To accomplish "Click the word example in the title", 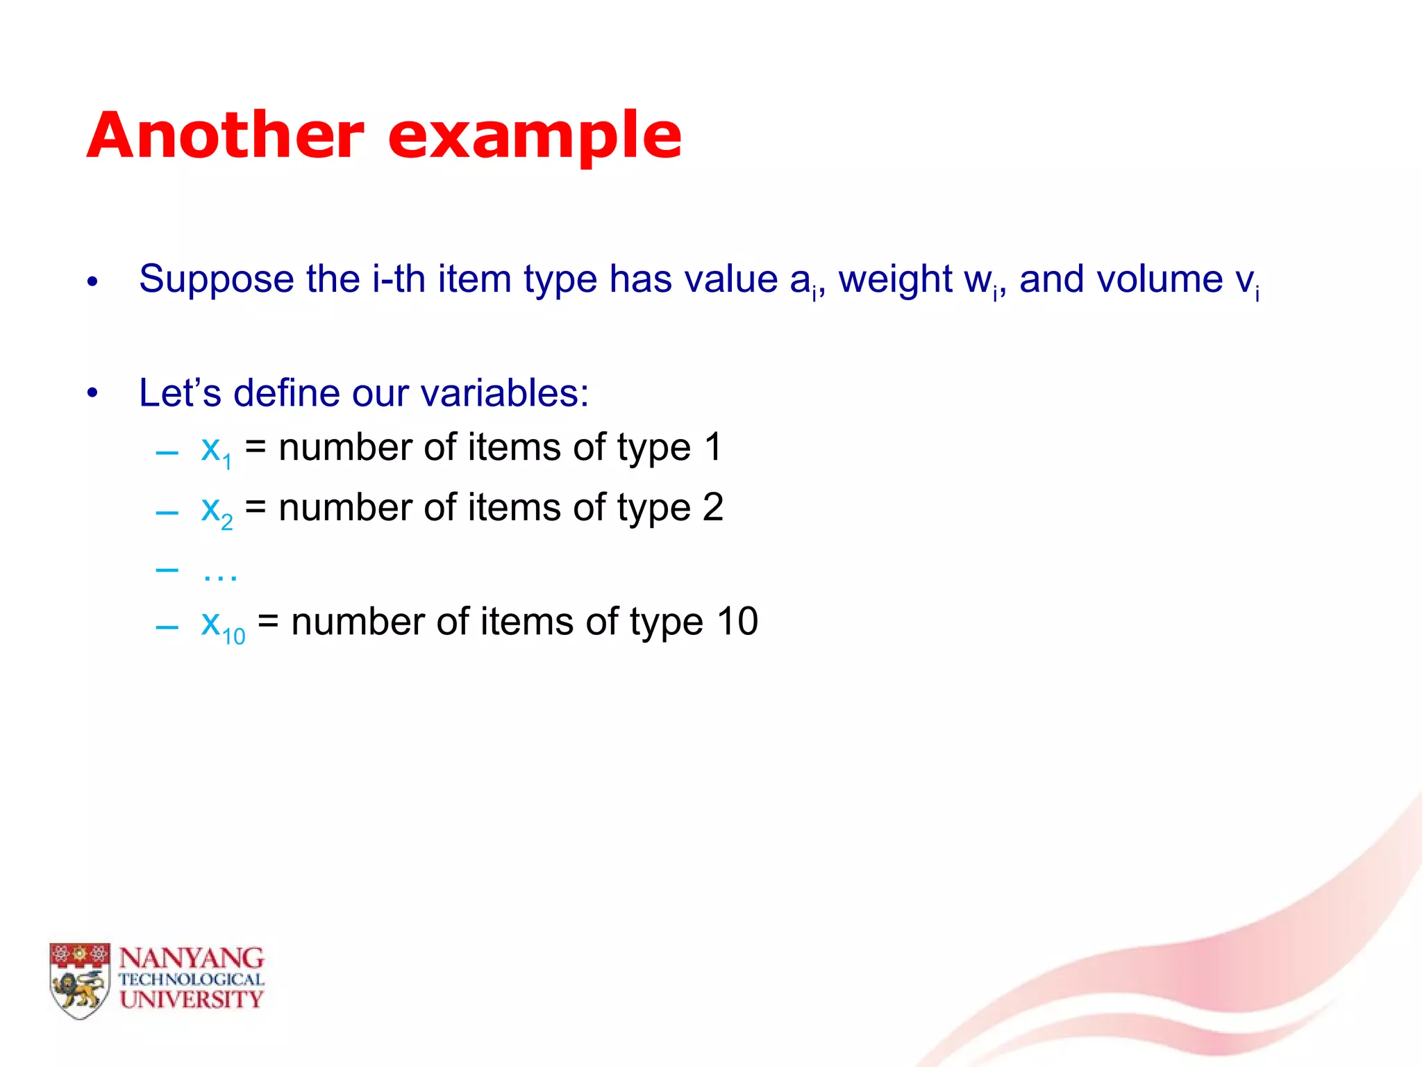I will pos(535,136).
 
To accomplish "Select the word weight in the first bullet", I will pos(895,280).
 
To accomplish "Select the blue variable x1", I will pos(215,449).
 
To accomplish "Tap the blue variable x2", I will pos(216,510).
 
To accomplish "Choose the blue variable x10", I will pos(222,624).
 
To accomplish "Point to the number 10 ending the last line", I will pos(737,621).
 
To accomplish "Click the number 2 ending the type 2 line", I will pos(713,507).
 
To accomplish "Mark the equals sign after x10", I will pos(268,621).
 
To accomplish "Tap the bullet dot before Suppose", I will pos(92,282).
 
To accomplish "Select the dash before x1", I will pos(167,454).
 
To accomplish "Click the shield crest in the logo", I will pos(80,979).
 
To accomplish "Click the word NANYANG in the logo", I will pos(192,959).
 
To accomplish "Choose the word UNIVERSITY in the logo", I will pos(192,1000).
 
